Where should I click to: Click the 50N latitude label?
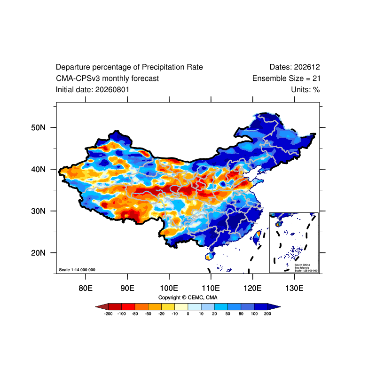pyautogui.click(x=38, y=127)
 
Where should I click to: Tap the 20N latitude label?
pyautogui.click(x=38, y=253)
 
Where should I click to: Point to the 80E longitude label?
pyautogui.click(x=86, y=288)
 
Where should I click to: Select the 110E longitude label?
pyautogui.click(x=211, y=288)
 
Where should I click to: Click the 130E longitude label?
pyautogui.click(x=294, y=288)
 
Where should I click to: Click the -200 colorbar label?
pyautogui.click(x=109, y=313)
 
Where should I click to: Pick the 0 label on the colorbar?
pyautogui.click(x=188, y=313)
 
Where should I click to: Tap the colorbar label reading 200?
pyautogui.click(x=267, y=313)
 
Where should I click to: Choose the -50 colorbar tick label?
pyautogui.click(x=148, y=313)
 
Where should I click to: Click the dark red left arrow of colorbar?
pyautogui.click(x=102, y=306)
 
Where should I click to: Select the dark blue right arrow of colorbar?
pyautogui.click(x=274, y=306)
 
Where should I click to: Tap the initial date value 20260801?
pyautogui.click(x=112, y=90)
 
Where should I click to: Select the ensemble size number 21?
pyautogui.click(x=316, y=78)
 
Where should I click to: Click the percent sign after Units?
pyautogui.click(x=316, y=90)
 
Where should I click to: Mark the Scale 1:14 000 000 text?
pyautogui.click(x=77, y=270)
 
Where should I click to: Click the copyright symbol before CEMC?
pyautogui.click(x=184, y=298)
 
